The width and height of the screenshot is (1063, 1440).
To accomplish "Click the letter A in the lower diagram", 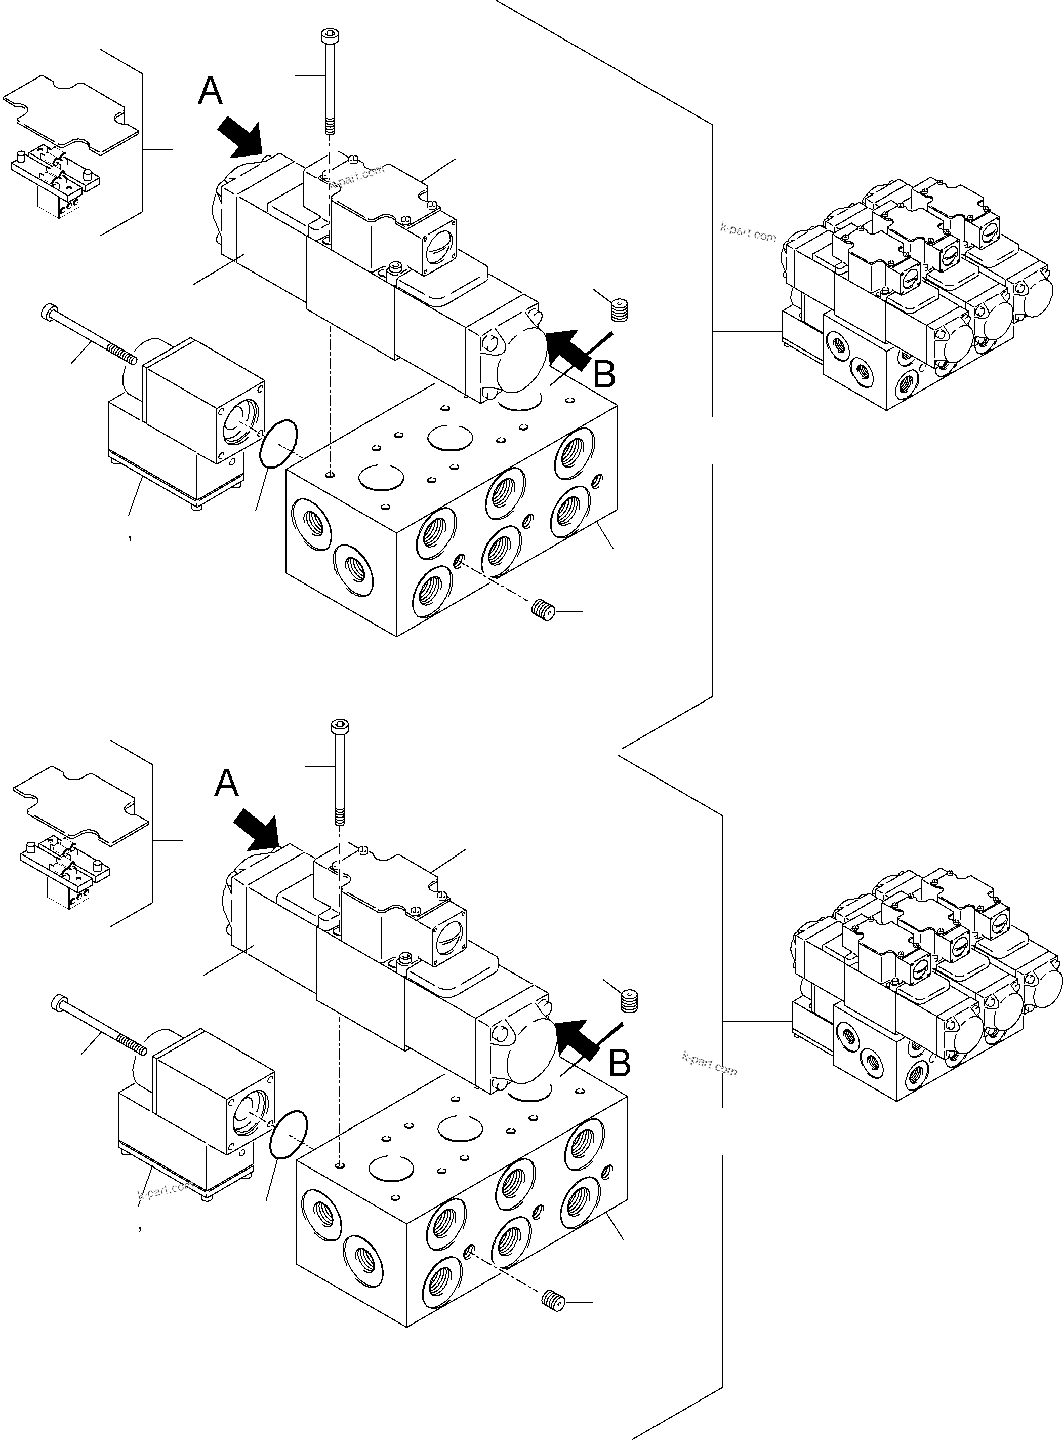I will pos(226,784).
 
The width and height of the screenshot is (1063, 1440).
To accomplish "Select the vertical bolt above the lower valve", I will pos(339,772).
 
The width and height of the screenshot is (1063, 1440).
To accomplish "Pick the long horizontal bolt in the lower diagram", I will pos(98,1024).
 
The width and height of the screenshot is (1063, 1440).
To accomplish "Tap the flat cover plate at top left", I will pos(71,116).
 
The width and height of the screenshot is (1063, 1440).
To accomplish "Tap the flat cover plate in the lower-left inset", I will pos(81,806).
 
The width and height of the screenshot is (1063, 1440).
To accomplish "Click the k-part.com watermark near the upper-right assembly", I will pos(748,232).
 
